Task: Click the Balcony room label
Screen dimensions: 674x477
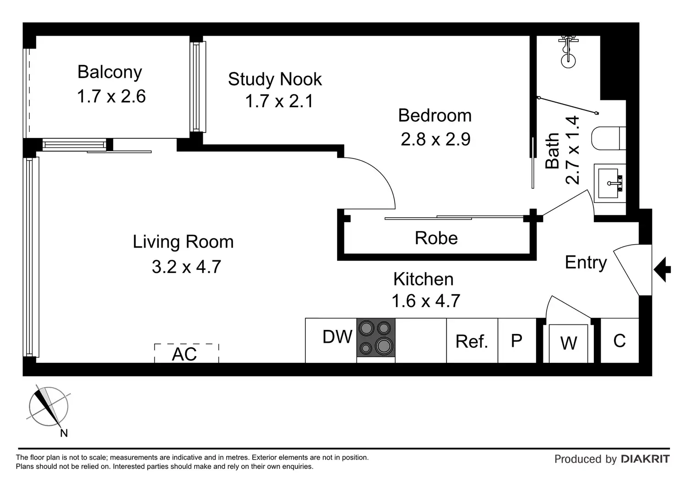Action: [109, 72]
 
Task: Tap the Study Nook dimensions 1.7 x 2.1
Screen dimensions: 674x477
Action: [279, 101]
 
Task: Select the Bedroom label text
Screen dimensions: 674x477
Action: [435, 115]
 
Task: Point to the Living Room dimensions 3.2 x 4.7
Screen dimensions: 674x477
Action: [186, 267]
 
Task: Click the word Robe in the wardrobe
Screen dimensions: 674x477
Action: [436, 238]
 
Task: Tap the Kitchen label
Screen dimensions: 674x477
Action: [424, 279]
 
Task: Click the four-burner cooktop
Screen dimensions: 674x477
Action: [376, 337]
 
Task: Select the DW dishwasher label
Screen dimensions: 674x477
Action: [337, 336]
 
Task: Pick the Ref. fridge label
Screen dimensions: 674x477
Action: [472, 341]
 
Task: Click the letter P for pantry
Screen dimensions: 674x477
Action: [516, 340]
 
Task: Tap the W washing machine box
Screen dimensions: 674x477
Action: [568, 344]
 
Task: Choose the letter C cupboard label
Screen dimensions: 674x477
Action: [620, 340]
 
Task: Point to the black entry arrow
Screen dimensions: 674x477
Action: [662, 269]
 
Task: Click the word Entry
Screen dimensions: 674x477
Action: [586, 263]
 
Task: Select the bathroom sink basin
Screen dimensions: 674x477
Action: [610, 183]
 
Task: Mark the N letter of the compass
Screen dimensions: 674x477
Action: [64, 433]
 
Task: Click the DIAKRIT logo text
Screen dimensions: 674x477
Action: [645, 459]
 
